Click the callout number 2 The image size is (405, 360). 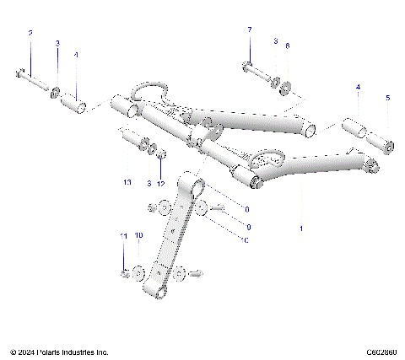click(30, 33)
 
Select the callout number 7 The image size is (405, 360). click(249, 30)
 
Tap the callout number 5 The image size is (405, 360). click(387, 98)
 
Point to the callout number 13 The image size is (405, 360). click(127, 183)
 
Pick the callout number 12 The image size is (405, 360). click(161, 183)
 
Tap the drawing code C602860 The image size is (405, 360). click(381, 352)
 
